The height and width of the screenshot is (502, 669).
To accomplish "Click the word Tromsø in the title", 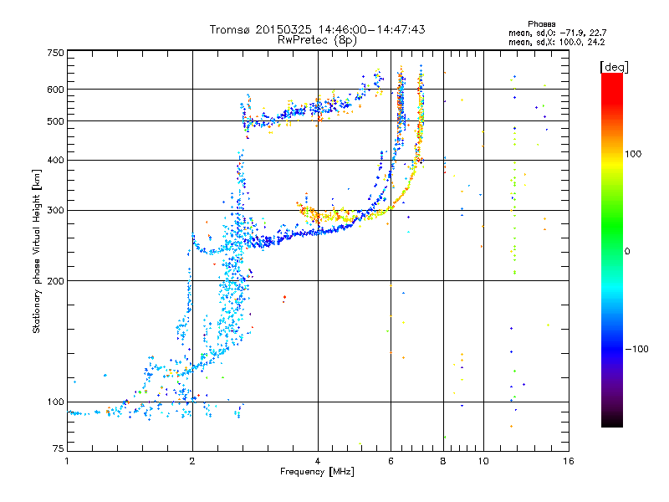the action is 230,29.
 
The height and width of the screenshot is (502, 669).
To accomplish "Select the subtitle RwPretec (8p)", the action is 317,40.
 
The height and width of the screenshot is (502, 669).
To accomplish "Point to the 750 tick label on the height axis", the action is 55,53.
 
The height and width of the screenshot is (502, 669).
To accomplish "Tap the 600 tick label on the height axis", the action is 55,90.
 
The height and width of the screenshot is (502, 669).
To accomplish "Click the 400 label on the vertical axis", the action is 55,160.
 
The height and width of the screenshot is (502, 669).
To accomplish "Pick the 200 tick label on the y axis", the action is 55,281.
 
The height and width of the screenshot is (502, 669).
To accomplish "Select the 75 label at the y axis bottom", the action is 59,448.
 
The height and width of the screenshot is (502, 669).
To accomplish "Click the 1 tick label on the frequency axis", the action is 67,461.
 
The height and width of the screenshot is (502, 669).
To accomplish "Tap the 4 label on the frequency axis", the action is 318,461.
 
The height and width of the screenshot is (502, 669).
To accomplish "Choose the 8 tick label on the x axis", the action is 443,461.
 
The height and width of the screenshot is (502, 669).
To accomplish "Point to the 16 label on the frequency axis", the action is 569,461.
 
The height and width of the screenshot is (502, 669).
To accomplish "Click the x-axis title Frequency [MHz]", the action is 317,472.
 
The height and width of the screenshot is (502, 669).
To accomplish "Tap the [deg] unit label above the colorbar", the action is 614,67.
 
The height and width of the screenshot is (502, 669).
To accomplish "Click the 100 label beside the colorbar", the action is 633,154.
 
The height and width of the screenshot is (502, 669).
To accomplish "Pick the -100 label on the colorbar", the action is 636,349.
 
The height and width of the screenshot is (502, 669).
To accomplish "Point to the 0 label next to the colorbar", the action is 627,252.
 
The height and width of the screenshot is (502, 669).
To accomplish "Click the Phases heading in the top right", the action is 541,24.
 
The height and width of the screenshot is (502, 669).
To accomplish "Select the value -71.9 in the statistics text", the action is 572,33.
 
